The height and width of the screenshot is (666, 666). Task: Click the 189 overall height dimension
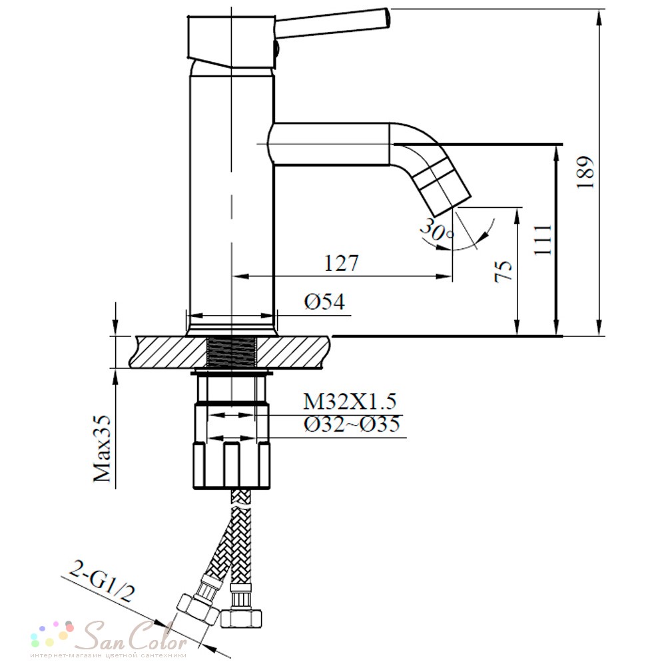[585, 172]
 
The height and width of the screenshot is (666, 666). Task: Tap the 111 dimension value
[543, 240]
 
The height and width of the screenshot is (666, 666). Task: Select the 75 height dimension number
[504, 271]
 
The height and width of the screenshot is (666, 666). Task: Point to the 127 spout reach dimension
[342, 263]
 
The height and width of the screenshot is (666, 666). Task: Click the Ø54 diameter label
[324, 302]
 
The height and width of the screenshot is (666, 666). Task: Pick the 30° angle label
[437, 230]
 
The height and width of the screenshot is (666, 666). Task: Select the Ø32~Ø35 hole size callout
[352, 424]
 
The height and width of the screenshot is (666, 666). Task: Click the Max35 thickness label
[102, 448]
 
